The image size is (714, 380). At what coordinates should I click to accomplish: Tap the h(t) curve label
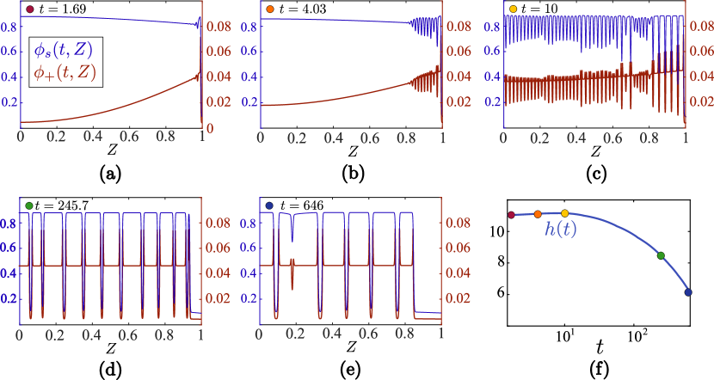point(560,230)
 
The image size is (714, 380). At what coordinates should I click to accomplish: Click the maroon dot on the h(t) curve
point(511,215)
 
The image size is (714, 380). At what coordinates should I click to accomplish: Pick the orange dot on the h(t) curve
point(538,214)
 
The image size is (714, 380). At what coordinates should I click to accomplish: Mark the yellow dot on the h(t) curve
point(565,213)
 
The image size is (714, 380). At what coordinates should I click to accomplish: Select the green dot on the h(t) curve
point(661,255)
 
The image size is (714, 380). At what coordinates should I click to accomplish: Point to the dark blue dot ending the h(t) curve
point(687,292)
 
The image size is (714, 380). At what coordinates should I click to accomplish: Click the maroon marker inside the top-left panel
point(29,9)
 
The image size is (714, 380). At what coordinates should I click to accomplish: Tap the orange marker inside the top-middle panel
point(270,9)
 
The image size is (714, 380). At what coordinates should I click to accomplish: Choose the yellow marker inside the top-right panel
point(514,9)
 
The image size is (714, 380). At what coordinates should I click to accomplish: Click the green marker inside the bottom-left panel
point(29,205)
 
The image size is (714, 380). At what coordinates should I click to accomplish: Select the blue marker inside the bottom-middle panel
point(270,205)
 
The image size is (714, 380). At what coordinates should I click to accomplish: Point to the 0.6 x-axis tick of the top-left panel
point(129,137)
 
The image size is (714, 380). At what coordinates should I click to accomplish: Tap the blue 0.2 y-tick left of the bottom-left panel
point(9,299)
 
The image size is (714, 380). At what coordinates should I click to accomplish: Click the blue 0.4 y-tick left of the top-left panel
point(9,77)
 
